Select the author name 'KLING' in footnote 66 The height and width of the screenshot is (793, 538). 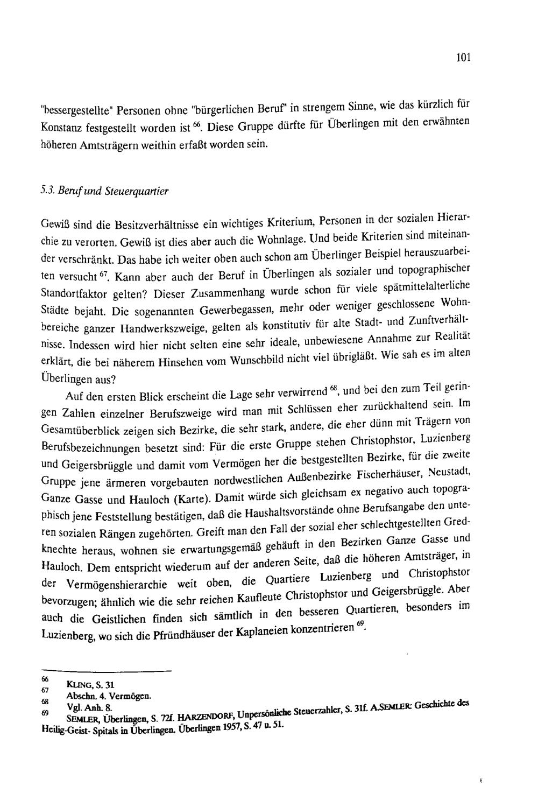[77, 684]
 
